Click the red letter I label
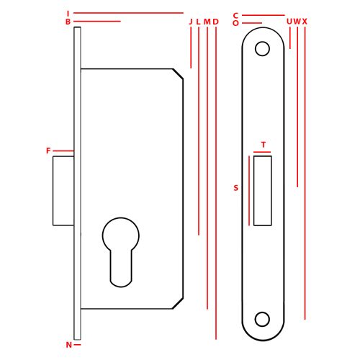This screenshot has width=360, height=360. coord(68,13)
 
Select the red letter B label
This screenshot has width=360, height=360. coord(68,22)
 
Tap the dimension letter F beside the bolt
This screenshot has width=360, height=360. coord(48,150)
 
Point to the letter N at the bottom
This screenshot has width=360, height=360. coord(69,345)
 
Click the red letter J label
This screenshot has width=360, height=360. coord(191,22)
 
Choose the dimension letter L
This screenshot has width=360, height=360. coord(198,22)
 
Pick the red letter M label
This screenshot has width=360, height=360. coord(207,22)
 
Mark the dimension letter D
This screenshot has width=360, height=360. coord(216,22)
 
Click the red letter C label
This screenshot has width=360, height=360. coord(235,16)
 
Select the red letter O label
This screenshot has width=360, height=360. coord(235,23)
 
